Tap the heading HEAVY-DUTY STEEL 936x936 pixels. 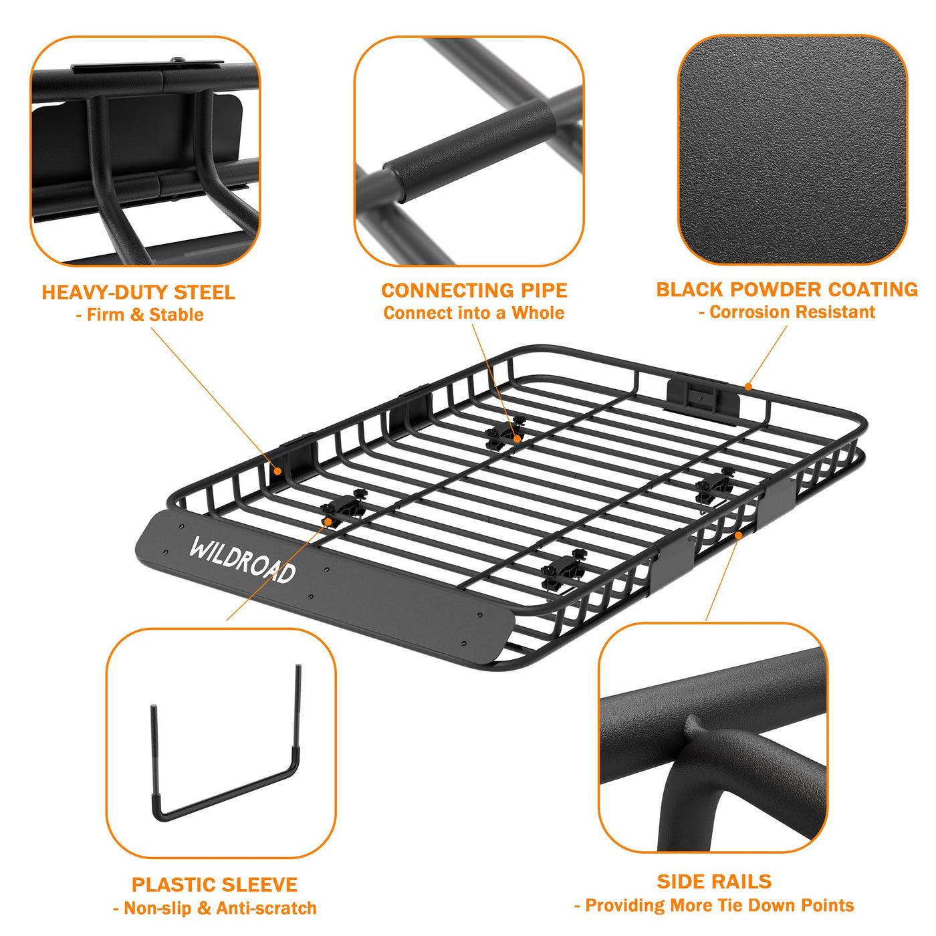(x=138, y=292)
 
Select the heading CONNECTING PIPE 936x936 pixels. (x=474, y=290)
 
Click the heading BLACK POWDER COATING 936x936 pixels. (x=787, y=289)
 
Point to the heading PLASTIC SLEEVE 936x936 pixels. (x=215, y=885)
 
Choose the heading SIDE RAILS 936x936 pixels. (x=714, y=882)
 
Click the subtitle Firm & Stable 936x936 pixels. (x=140, y=315)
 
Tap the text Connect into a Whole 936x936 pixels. (x=474, y=313)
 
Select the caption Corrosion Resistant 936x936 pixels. (x=787, y=312)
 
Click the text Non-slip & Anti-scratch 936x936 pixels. (x=215, y=908)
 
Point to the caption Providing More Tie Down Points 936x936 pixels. (x=714, y=905)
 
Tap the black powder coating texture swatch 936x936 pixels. (x=792, y=150)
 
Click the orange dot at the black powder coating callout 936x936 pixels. (x=748, y=386)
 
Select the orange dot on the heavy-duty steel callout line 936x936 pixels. (x=277, y=471)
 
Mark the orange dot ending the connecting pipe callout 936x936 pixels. (x=517, y=439)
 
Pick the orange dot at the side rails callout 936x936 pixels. (x=738, y=535)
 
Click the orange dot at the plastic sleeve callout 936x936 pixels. (x=328, y=522)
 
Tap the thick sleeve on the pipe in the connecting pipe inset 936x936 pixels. (x=469, y=150)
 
